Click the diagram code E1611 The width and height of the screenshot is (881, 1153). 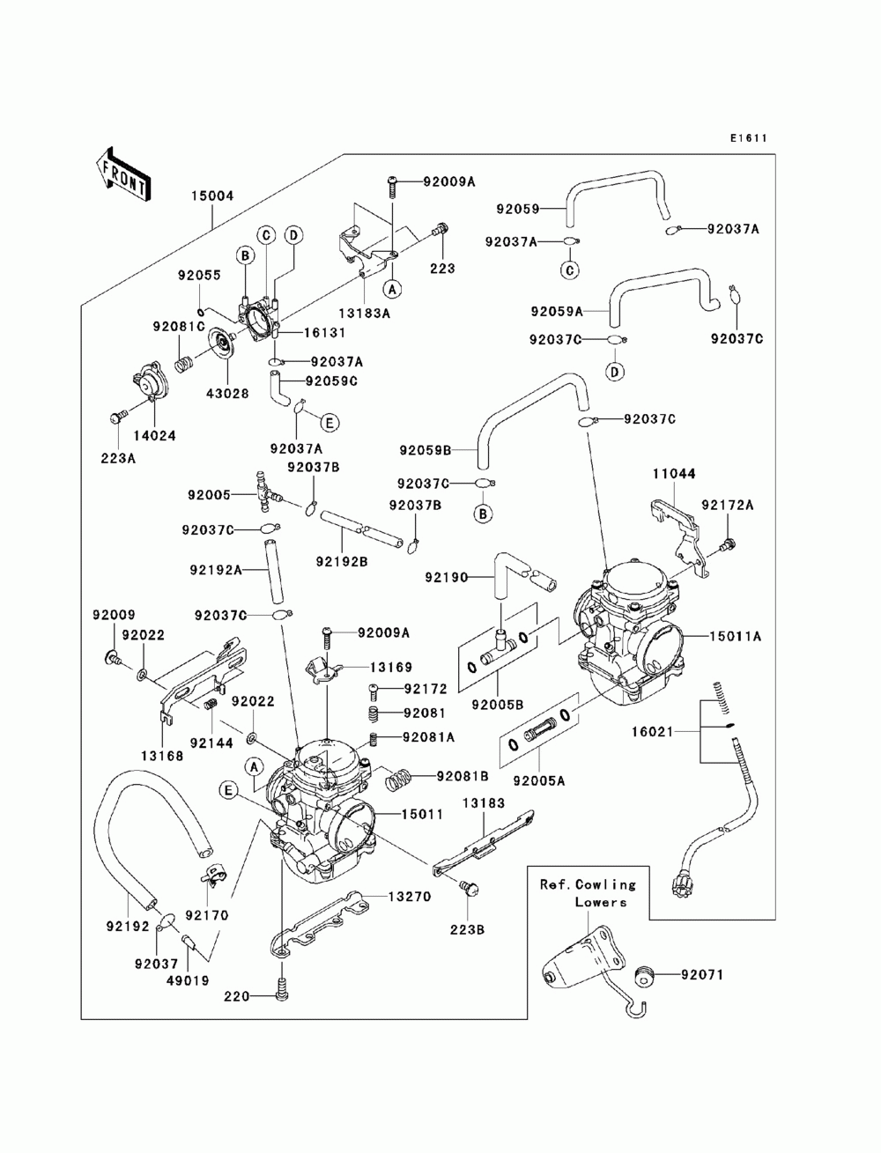coord(748,138)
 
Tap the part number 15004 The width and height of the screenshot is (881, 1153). coord(211,196)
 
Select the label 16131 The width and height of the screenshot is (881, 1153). coord(323,332)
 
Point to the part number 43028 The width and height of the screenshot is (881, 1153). coord(227,394)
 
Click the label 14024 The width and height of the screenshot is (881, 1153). coord(154,435)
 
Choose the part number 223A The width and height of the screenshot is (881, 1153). coord(118,459)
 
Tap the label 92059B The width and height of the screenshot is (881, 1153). coord(425,450)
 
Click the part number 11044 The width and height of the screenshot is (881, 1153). coord(674,473)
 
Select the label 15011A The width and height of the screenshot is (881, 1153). coord(735,637)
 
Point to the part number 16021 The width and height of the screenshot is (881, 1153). coord(652,731)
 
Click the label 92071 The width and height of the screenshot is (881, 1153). coord(702,975)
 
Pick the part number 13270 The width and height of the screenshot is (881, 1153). coord(410,897)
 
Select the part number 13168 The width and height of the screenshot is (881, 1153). coord(162,756)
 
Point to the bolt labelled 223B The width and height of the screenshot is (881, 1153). coord(468,888)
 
